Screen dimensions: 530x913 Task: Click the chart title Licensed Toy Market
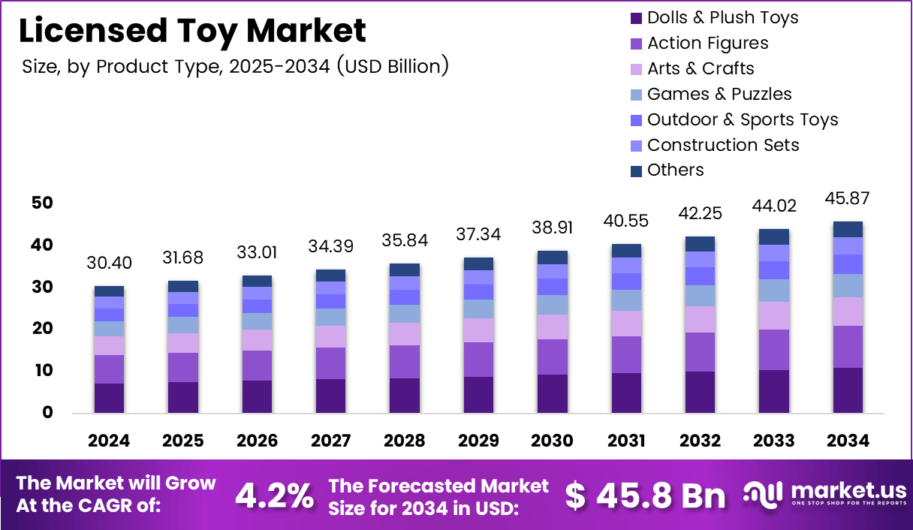coord(192,31)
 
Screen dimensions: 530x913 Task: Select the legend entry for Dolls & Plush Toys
coord(722,17)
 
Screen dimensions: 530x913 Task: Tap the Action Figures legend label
coord(707,43)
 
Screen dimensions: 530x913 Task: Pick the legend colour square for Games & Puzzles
coord(635,95)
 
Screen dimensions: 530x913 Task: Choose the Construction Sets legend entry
coord(722,145)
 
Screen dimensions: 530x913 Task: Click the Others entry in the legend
coord(675,170)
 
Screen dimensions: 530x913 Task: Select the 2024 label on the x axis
coord(109,441)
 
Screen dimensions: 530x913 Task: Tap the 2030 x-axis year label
coord(553,441)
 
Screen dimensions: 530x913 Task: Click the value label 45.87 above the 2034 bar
coord(848,199)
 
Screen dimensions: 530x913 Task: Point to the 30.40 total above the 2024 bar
coord(109,263)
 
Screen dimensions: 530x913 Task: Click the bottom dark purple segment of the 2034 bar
coord(848,390)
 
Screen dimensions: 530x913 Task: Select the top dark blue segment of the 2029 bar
coord(478,263)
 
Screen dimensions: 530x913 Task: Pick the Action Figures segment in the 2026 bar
coord(257,366)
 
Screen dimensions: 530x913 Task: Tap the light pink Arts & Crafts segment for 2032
coord(701,319)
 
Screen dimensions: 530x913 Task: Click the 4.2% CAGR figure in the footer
coord(275,495)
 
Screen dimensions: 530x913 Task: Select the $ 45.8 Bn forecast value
coord(645,495)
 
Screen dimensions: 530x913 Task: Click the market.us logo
coord(825,494)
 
